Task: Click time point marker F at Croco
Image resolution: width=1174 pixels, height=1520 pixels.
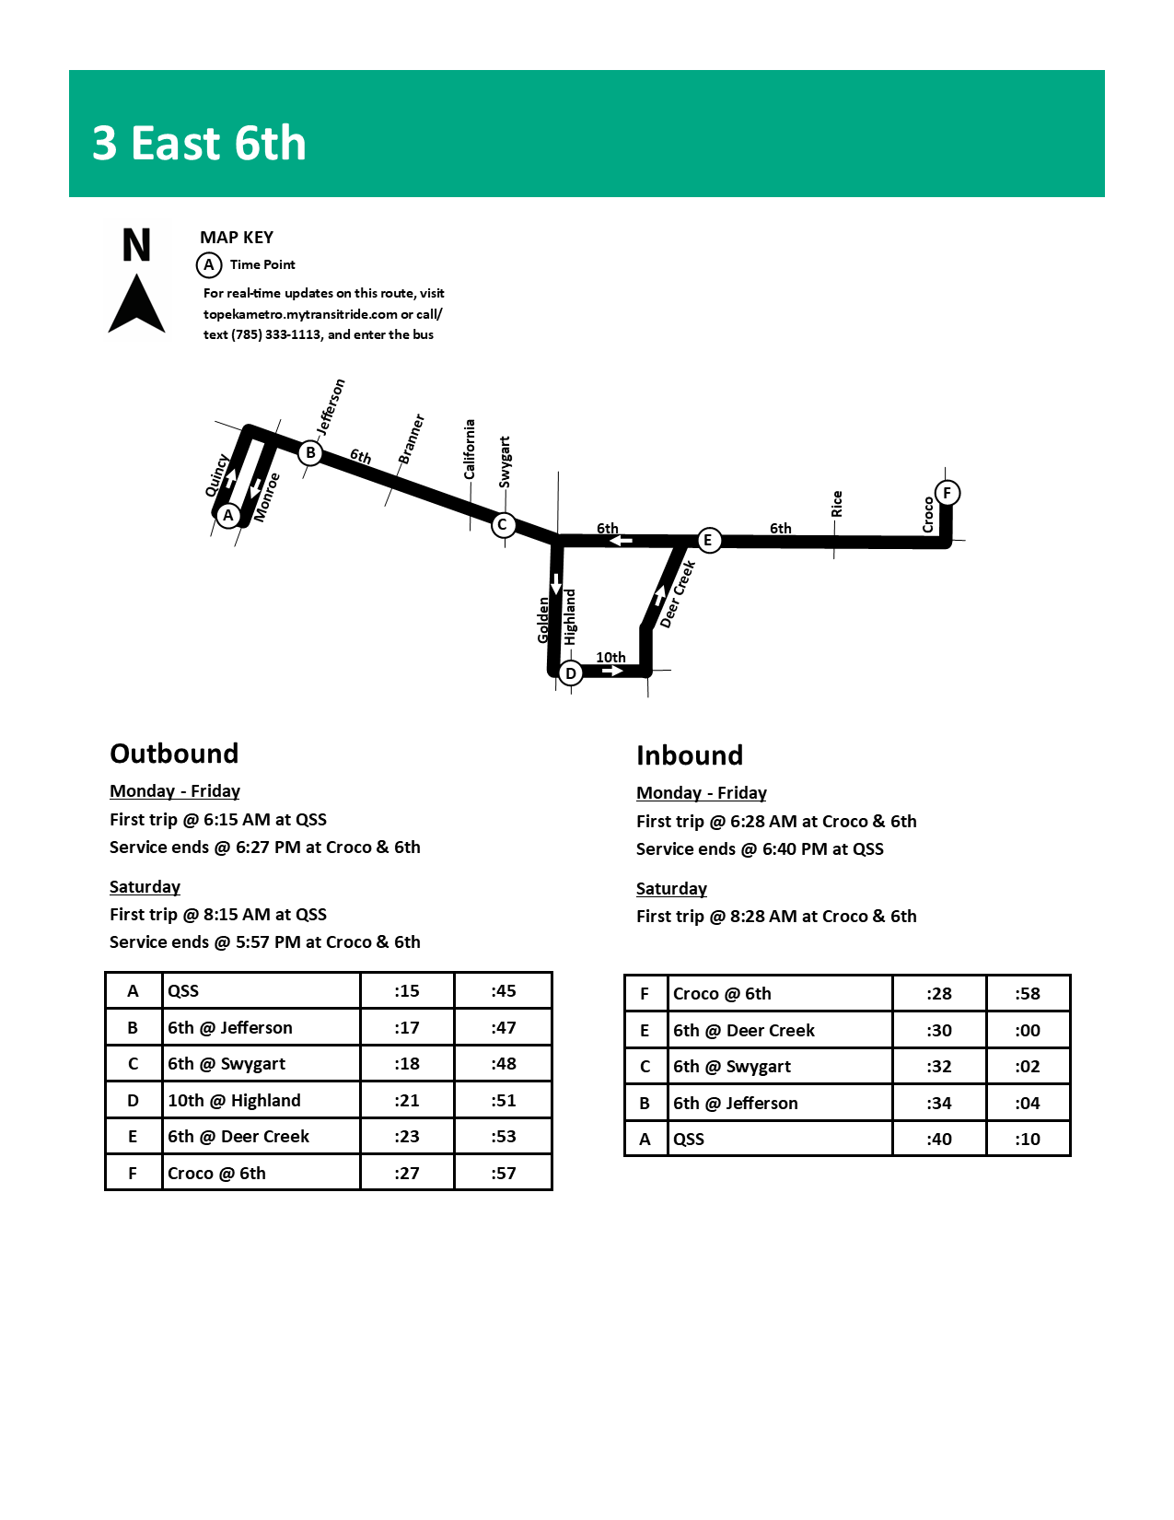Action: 947,493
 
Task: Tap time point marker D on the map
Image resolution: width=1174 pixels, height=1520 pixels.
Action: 571,673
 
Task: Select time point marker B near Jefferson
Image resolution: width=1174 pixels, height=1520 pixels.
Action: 310,452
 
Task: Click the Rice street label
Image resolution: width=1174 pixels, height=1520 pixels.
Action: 836,504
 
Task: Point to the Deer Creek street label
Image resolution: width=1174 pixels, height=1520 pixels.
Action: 678,595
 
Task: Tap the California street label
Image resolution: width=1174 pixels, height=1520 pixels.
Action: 470,450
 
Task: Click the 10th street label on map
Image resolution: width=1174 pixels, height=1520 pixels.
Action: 610,657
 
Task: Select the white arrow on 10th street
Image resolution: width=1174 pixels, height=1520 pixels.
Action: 612,672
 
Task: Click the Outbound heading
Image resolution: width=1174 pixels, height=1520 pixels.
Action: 174,754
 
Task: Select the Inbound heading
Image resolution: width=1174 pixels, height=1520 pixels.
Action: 690,755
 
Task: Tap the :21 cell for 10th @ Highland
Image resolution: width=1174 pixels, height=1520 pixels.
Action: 407,1100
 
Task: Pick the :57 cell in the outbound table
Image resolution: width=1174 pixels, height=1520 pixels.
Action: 504,1173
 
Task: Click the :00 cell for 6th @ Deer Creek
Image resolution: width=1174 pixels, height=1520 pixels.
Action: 1028,1030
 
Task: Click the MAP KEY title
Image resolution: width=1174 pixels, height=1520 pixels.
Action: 237,238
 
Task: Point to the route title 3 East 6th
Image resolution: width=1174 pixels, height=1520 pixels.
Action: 199,144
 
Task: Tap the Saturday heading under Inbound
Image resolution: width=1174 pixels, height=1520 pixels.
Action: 671,889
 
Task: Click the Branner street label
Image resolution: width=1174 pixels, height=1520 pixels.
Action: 411,439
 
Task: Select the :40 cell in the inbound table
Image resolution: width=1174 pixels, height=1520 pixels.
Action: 939,1139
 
